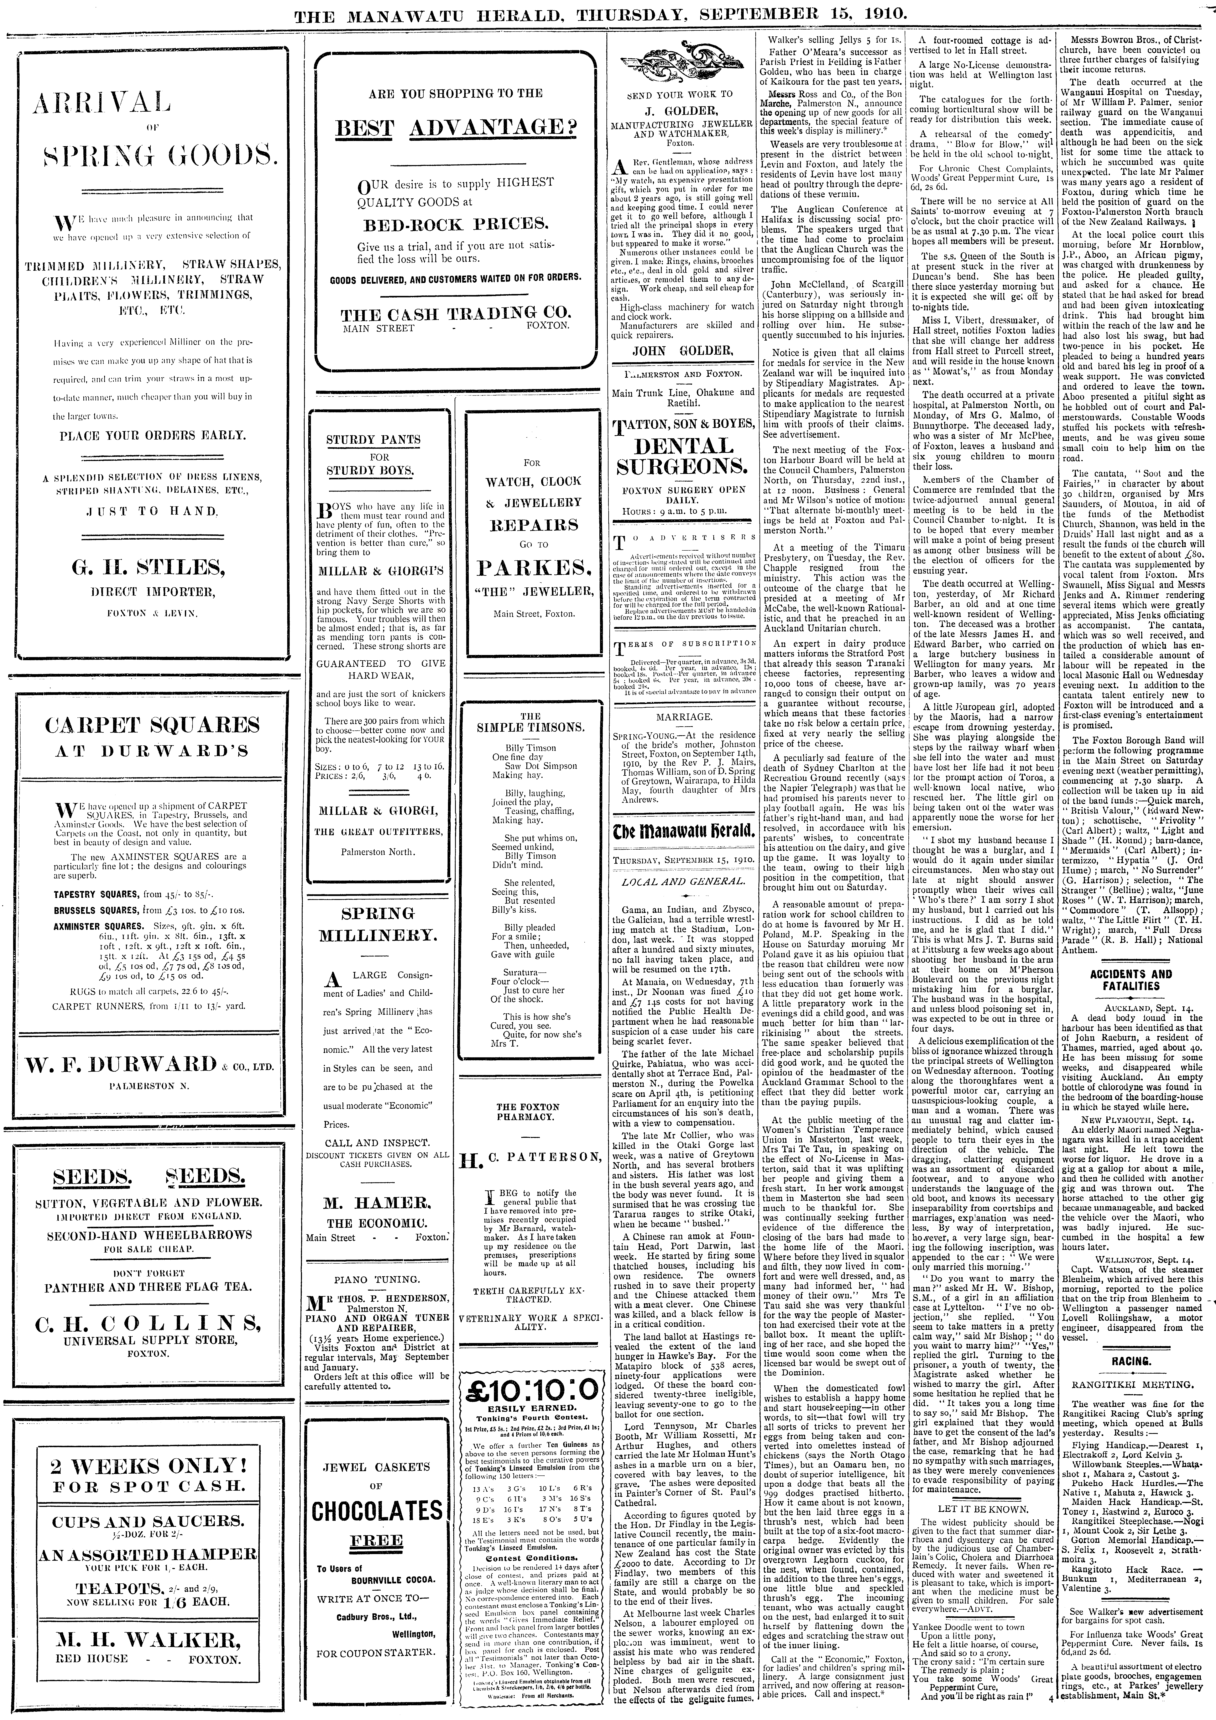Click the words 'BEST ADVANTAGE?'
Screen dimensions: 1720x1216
(455, 128)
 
